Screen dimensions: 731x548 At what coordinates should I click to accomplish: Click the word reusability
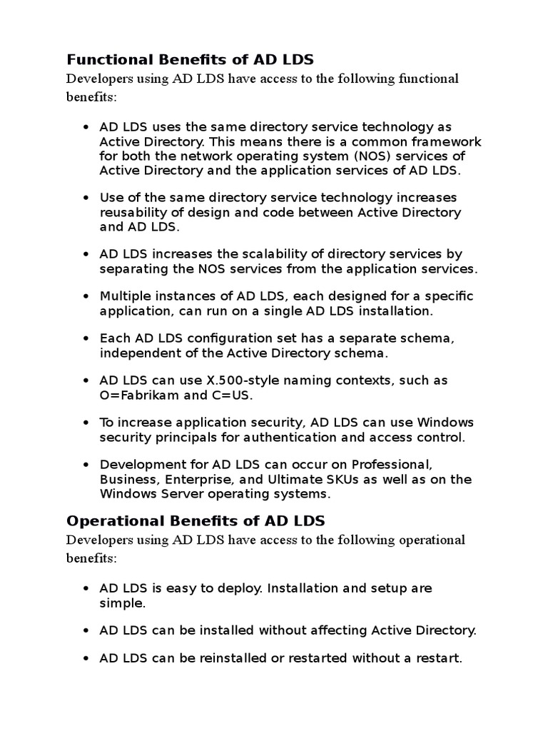[134, 212]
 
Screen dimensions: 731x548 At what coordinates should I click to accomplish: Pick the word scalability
[257, 254]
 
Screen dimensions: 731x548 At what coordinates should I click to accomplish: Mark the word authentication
[318, 437]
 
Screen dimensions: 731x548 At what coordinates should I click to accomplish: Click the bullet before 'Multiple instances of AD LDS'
[86, 296]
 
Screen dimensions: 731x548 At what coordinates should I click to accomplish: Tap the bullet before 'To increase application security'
[86, 423]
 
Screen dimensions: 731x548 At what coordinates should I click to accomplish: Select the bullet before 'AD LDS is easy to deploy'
[86, 589]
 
